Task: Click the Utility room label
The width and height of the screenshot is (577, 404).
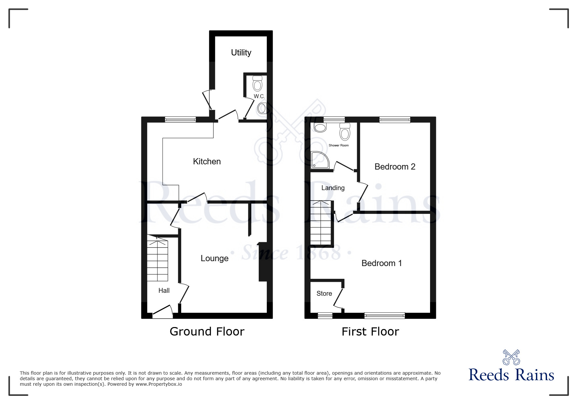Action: pyautogui.click(x=241, y=52)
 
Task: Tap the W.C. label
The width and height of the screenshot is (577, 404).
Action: pyautogui.click(x=259, y=96)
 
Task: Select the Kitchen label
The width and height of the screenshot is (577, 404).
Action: pyautogui.click(x=207, y=161)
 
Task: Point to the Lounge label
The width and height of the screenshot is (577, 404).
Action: pyautogui.click(x=214, y=258)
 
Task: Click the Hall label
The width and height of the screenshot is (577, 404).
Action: pyautogui.click(x=164, y=291)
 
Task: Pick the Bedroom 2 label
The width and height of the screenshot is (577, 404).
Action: pyautogui.click(x=395, y=167)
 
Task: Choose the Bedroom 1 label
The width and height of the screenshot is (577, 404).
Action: pyautogui.click(x=382, y=263)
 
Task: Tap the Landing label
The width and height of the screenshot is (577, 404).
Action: pyautogui.click(x=333, y=188)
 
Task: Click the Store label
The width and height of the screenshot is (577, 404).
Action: pyautogui.click(x=324, y=293)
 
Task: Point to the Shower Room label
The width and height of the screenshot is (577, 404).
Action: pyautogui.click(x=339, y=145)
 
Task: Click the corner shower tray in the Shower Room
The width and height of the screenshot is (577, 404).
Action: pyautogui.click(x=319, y=160)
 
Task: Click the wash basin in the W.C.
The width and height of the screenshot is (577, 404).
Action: pyautogui.click(x=262, y=108)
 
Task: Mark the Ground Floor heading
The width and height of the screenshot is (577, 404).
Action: pyautogui.click(x=207, y=332)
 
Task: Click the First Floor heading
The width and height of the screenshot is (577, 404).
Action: pyautogui.click(x=370, y=332)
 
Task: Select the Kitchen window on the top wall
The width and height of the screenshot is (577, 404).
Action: pyautogui.click(x=180, y=119)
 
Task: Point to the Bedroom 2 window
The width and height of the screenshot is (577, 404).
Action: pyautogui.click(x=395, y=120)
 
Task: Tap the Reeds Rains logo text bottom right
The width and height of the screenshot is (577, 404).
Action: pyautogui.click(x=511, y=375)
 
